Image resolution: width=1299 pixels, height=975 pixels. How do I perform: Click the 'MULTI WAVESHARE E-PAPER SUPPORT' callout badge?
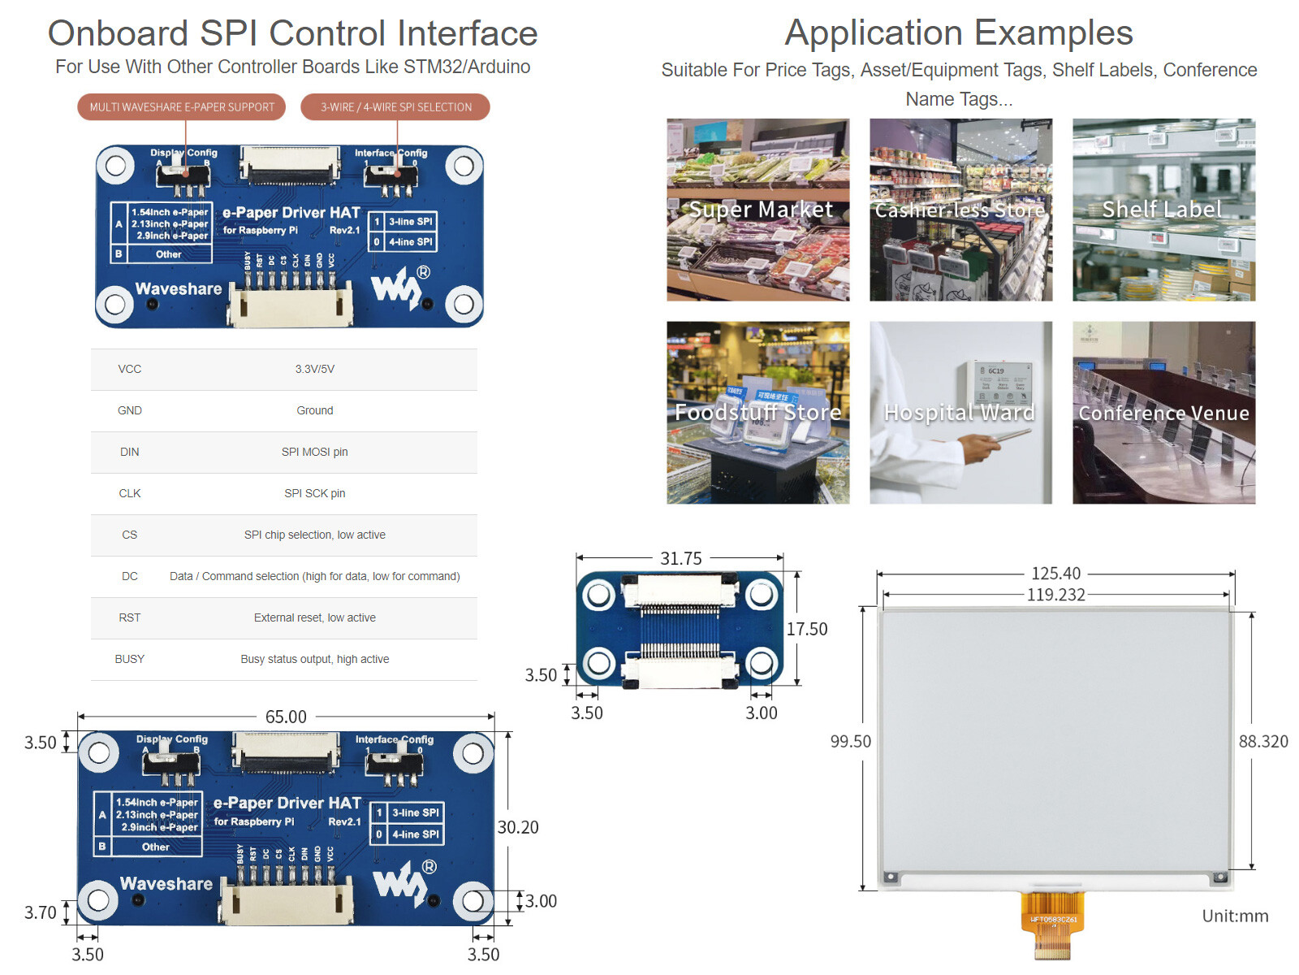182,107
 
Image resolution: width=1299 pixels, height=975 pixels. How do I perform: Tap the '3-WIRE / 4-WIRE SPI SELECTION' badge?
395,107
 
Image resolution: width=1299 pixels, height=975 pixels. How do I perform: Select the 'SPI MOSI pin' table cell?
314,452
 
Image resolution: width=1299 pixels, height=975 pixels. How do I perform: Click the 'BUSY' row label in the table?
129,659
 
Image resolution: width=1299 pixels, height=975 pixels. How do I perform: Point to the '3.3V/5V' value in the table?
314,369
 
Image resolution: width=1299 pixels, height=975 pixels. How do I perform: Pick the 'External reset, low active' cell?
314,617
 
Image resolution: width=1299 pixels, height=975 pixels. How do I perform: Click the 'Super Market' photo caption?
761,210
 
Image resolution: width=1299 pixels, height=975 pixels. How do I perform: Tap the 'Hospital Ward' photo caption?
960,413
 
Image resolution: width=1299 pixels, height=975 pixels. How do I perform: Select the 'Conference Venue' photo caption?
1163,413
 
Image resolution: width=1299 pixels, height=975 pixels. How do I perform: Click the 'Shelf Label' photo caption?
1162,210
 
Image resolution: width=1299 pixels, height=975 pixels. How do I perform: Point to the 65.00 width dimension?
286,717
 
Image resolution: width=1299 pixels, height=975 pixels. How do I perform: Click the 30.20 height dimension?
518,827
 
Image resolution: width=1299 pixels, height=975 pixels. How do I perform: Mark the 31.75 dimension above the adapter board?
681,558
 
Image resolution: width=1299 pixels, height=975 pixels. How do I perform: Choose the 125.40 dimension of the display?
1055,574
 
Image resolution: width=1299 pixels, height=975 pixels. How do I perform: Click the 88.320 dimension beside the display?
1263,741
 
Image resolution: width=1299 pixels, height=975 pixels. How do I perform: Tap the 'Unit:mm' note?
1235,916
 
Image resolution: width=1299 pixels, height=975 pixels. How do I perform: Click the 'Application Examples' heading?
959,33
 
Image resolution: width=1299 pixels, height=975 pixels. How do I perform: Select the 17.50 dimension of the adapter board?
807,629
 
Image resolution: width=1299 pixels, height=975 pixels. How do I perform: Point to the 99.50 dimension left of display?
850,741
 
